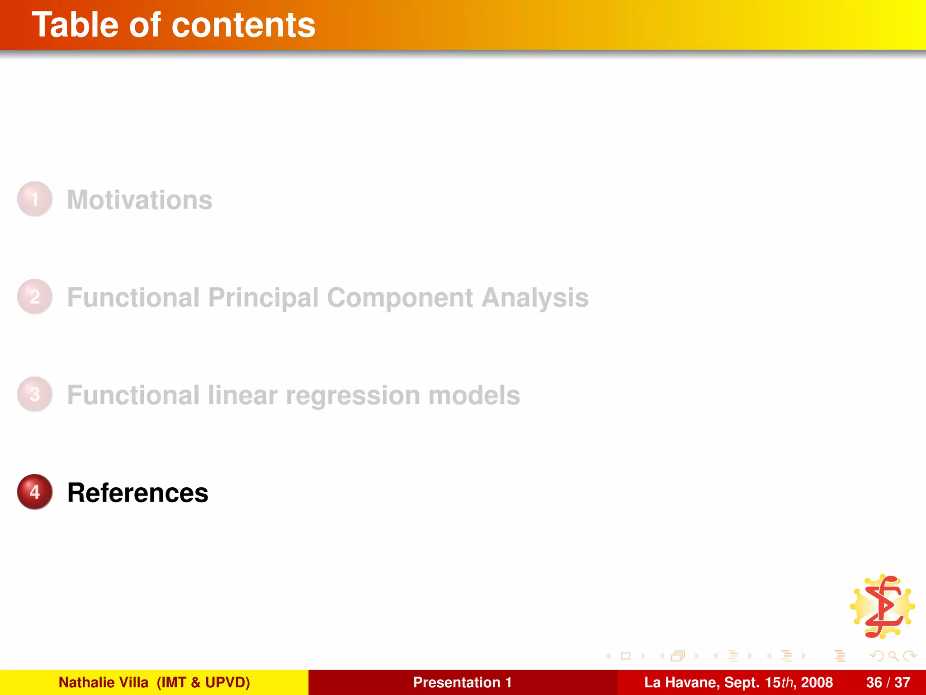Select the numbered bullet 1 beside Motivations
35,199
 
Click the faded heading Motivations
140,200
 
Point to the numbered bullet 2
35,297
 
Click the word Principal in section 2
263,298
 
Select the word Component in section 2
400,298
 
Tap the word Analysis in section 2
535,298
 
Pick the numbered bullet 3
35,395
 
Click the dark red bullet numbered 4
35,492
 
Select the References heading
138,493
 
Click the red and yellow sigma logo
882,607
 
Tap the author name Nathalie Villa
104,682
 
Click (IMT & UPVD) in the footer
203,682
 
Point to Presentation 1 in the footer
462,682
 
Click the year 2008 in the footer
817,682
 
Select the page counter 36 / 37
888,682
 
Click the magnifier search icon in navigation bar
893,656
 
